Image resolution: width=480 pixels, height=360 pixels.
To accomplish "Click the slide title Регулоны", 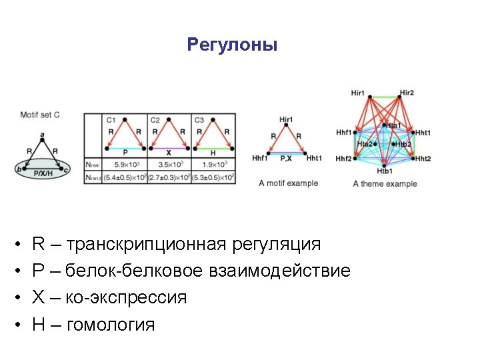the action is (232, 45).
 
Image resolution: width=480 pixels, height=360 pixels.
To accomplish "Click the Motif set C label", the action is (40, 115).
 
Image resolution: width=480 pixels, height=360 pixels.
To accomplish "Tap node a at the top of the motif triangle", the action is (43, 135).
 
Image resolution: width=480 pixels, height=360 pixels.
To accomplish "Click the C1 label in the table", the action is (111, 120).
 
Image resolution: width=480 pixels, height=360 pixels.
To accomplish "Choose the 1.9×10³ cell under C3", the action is (214, 163).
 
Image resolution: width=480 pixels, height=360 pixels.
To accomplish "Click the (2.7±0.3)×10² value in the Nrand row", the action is (169, 177).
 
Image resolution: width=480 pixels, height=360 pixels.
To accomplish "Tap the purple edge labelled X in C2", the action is (169, 147).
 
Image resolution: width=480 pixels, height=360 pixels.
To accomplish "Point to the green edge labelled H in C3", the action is (213, 147).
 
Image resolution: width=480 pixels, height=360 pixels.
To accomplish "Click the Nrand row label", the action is (94, 177).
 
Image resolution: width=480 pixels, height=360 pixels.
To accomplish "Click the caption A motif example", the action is (289, 183).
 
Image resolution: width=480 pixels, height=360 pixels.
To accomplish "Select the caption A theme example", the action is (385, 183).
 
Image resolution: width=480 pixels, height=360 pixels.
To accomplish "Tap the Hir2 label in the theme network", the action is (407, 93).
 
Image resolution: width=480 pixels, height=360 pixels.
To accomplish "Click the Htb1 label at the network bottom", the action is (385, 172).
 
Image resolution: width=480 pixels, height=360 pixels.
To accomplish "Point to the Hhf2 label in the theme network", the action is (344, 159).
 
